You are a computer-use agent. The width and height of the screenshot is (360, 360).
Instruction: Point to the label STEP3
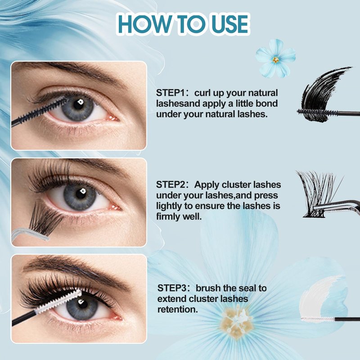pos(172,288)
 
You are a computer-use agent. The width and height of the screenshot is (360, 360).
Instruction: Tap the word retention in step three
pos(177,310)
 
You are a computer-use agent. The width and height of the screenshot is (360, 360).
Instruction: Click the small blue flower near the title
pos(275,58)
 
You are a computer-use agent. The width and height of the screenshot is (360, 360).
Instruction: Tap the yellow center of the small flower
pos(276,60)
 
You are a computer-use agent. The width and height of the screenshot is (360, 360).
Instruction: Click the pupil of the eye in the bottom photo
pos(82,304)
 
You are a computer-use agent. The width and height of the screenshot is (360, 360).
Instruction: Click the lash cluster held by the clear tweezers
pos(45,218)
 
